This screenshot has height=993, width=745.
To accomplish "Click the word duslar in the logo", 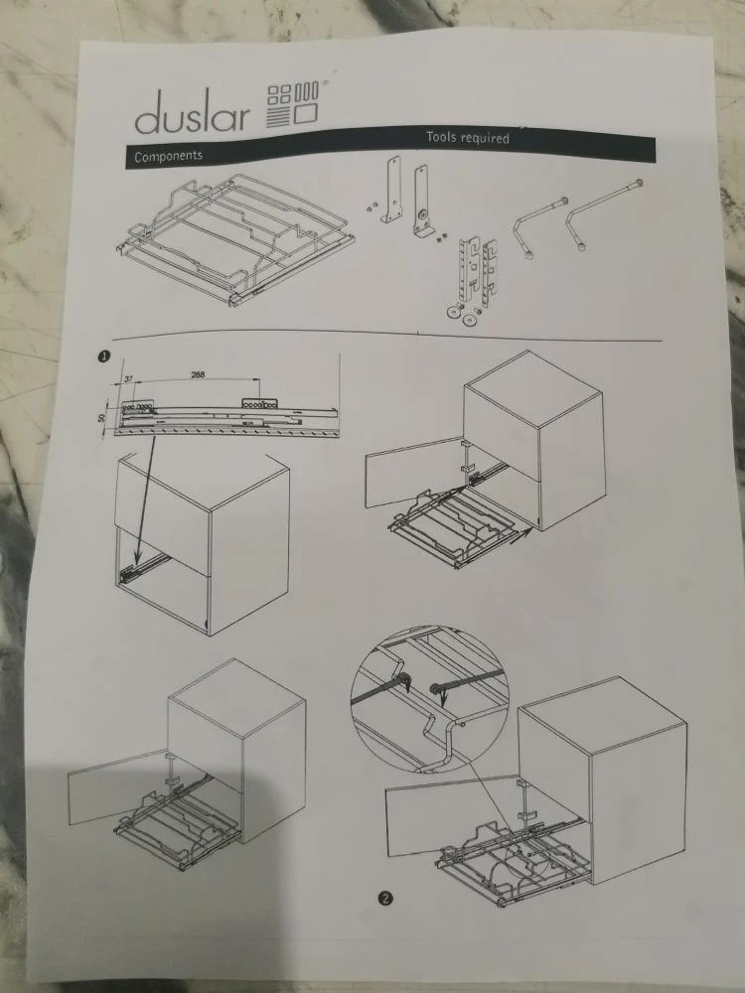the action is point(192,113).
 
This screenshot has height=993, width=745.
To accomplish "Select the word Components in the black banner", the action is point(168,156).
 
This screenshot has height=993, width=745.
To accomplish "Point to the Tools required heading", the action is point(468,137).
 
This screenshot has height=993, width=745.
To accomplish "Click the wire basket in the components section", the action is point(234,238).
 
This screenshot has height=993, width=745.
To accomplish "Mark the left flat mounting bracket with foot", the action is point(392,190).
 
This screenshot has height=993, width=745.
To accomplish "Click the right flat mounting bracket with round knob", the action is point(422,201).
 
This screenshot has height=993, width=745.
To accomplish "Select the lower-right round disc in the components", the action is point(469,320).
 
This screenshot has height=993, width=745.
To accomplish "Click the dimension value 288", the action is point(198,374).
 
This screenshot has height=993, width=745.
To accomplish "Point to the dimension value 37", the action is point(128,378).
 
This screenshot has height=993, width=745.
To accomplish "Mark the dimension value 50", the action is point(102,420).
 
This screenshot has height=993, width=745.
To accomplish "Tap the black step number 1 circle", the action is point(104,356).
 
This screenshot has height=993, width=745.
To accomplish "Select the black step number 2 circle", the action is point(385,898).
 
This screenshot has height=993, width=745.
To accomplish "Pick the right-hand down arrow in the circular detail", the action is point(443,698).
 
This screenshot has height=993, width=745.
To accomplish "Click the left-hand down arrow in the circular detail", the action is point(408,685).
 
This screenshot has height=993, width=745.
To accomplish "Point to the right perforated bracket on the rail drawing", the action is point(259,404).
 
